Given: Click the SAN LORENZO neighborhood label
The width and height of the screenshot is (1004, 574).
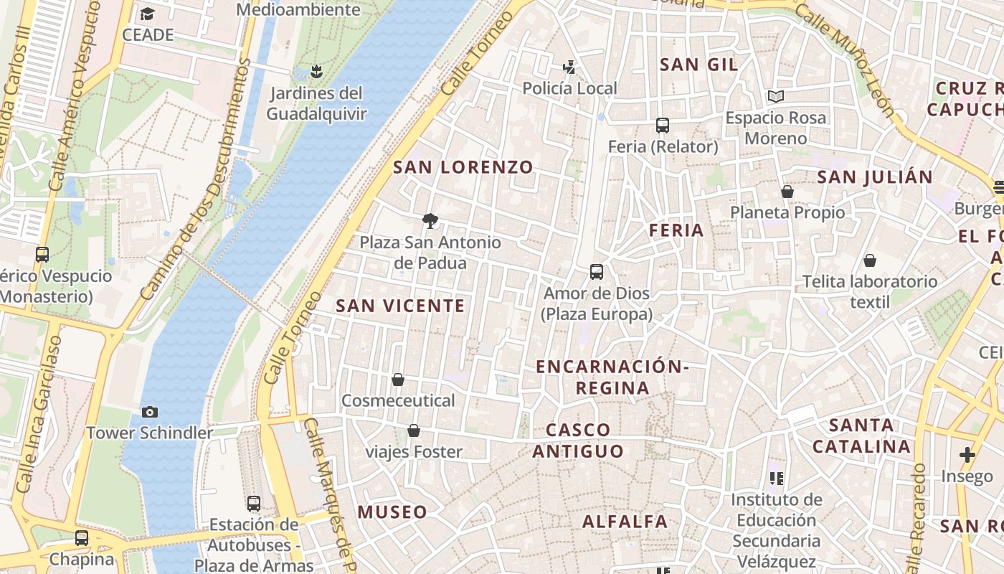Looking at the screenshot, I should pos(463,168).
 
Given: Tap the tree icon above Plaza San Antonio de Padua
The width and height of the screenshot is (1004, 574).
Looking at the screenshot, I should pos(430,221).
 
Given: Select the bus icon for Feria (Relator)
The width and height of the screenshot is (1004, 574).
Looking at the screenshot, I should pos(663,126).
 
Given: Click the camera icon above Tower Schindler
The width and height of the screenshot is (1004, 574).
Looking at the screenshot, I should pos(150,412).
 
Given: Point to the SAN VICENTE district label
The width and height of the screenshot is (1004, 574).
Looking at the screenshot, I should pos(400,306).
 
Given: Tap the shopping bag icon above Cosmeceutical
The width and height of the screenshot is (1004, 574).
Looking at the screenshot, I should pos(398,380).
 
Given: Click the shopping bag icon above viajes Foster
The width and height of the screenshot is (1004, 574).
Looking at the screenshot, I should pos(414,430).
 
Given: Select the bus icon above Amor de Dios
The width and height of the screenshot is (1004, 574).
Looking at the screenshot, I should pos(597,272).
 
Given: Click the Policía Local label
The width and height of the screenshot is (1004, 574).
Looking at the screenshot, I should pos(569,88).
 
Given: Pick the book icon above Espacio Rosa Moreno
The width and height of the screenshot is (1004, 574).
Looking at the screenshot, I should pos(775,96).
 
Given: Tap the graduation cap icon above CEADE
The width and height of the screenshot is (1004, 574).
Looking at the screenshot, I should pos(148,14).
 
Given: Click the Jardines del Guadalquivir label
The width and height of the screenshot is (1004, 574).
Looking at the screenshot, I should pos(316,103).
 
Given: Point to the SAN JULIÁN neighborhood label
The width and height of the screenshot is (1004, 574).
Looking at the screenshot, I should pos(875,177).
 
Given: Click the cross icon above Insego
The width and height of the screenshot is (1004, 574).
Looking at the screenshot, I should pos(967,454).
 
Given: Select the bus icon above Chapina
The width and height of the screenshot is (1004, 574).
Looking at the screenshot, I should pos(82,538).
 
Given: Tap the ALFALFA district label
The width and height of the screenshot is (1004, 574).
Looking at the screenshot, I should pos(625,522).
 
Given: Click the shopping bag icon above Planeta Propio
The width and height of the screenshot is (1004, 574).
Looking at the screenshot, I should pos(787,192).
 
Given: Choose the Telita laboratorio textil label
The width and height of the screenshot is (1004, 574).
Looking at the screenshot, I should pos(869,291).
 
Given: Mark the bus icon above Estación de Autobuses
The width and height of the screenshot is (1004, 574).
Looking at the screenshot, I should pos(254,503).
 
